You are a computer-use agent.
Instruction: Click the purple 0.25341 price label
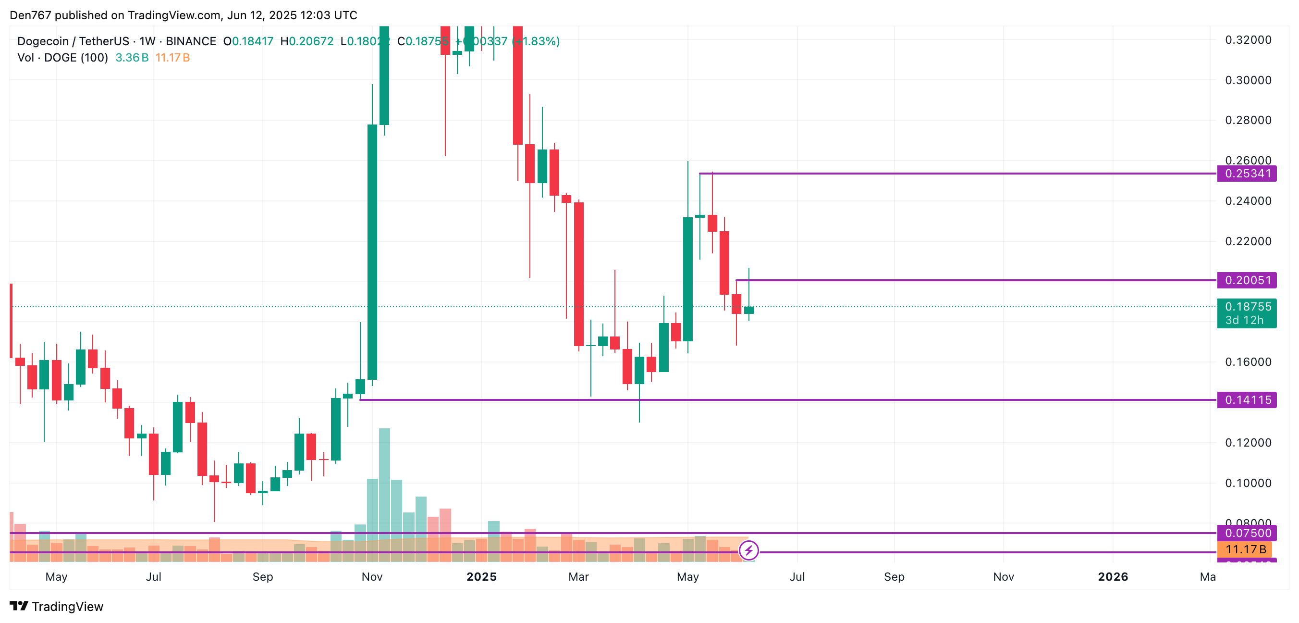click(1246, 174)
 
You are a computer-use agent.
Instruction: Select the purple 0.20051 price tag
click(1246, 280)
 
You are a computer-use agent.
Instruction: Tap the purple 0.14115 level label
click(1246, 400)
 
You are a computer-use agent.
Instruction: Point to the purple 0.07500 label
click(1246, 533)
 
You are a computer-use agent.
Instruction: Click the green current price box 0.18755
click(1246, 313)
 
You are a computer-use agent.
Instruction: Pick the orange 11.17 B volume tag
click(1245, 549)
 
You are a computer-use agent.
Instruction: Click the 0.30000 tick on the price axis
click(1248, 80)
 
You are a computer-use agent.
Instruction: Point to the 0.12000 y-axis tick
click(1248, 442)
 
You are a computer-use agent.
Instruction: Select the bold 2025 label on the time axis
click(481, 576)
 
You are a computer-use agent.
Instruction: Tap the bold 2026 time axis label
click(1113, 576)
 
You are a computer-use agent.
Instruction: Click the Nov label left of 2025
click(372, 576)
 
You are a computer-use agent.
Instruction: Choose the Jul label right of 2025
click(797, 576)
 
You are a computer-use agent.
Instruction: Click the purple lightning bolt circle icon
click(748, 550)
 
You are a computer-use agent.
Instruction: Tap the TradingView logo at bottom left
click(57, 606)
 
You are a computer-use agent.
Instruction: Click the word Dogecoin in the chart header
click(42, 41)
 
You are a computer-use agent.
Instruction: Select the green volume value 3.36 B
click(132, 58)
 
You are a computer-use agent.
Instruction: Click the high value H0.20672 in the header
click(306, 41)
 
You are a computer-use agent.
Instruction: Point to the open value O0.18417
click(248, 41)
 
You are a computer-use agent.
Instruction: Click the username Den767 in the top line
click(30, 15)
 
